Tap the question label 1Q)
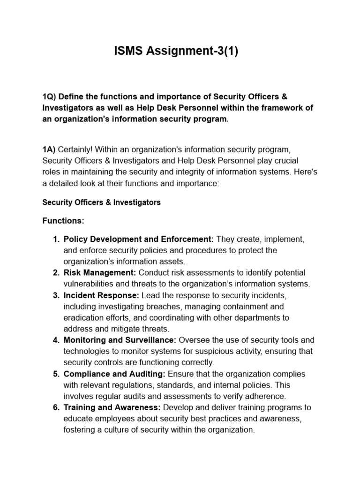pyautogui.click(x=50, y=97)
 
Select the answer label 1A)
pyautogui.click(x=49, y=149)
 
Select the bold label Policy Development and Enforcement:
pyautogui.click(x=139, y=239)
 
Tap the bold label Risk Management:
pyautogui.click(x=100, y=272)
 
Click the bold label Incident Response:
pyautogui.click(x=101, y=295)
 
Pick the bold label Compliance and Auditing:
pyautogui.click(x=114, y=374)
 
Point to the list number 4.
pyautogui.click(x=56, y=340)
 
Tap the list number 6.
pyautogui.click(x=56, y=407)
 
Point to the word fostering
pyautogui.click(x=78, y=430)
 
